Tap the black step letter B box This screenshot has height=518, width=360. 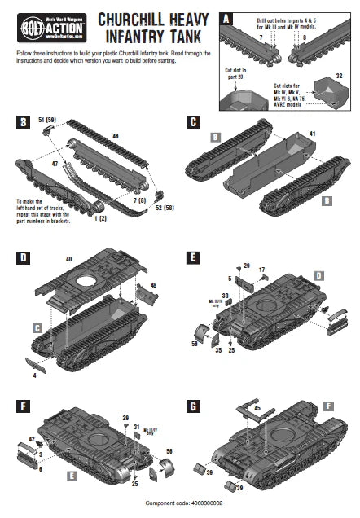tap(24, 123)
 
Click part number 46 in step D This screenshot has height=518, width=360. tap(152, 284)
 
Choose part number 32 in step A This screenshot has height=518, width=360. tap(340, 76)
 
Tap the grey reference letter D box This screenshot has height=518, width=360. tap(319, 276)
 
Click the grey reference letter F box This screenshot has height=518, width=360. tap(327, 404)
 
